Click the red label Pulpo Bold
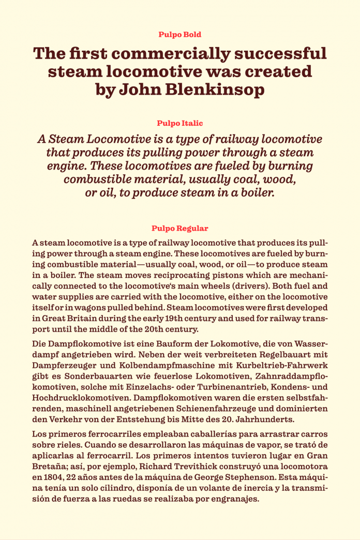tap(179, 35)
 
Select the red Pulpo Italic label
tap(179, 124)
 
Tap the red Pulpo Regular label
tap(179, 228)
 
